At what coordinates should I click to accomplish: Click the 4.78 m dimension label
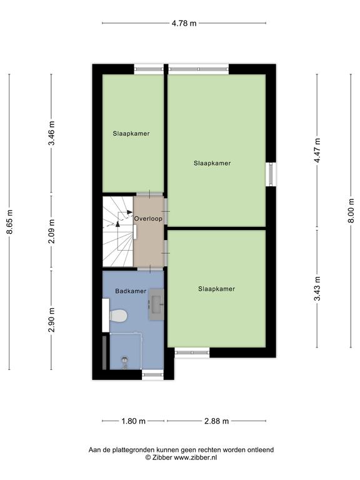coord(184,23)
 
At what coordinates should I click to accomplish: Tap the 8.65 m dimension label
coord(11,222)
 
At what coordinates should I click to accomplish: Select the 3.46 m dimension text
coord(52,134)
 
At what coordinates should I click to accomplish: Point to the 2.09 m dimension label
coord(52,231)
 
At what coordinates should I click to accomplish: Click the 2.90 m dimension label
coord(52,320)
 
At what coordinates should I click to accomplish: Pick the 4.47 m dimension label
coord(317,150)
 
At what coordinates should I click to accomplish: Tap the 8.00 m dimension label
coord(352,211)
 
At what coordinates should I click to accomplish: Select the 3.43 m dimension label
coord(317,289)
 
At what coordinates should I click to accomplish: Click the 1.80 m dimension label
coord(134,421)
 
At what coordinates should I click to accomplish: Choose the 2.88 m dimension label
coord(217,421)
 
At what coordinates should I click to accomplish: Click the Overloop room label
coord(149,219)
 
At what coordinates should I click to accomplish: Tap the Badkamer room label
coord(131,291)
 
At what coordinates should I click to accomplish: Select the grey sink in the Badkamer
coord(156,304)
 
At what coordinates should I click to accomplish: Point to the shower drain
coord(124,359)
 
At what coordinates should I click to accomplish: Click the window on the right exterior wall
coord(271,174)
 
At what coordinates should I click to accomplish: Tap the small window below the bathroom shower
coord(152,375)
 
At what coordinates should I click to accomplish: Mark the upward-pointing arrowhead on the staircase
coord(118,224)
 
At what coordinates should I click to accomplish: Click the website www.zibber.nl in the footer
coord(196,457)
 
